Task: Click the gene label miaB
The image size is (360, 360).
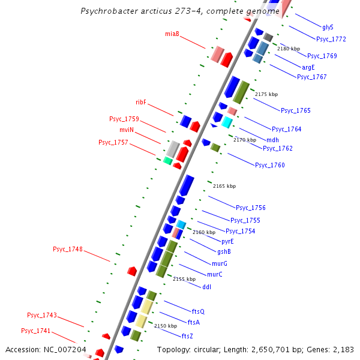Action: coord(172,34)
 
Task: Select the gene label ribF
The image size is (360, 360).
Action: coord(141,102)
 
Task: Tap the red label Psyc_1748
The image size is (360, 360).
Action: coord(68,249)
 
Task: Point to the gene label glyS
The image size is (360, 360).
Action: coord(328,27)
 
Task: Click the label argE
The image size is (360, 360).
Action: coord(308,67)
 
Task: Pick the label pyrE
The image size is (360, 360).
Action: coord(227,241)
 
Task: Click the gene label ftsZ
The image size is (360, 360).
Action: coord(187,335)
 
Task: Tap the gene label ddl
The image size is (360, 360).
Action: coord(206,286)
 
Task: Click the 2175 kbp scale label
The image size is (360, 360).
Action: coord(266,94)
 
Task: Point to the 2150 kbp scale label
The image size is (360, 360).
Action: coord(166,326)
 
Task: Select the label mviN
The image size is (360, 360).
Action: coord(126,130)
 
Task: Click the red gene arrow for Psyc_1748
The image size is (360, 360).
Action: coord(133,271)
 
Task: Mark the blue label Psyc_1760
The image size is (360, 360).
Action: coord(269,165)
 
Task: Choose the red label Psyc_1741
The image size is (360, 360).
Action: coord(36,331)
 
